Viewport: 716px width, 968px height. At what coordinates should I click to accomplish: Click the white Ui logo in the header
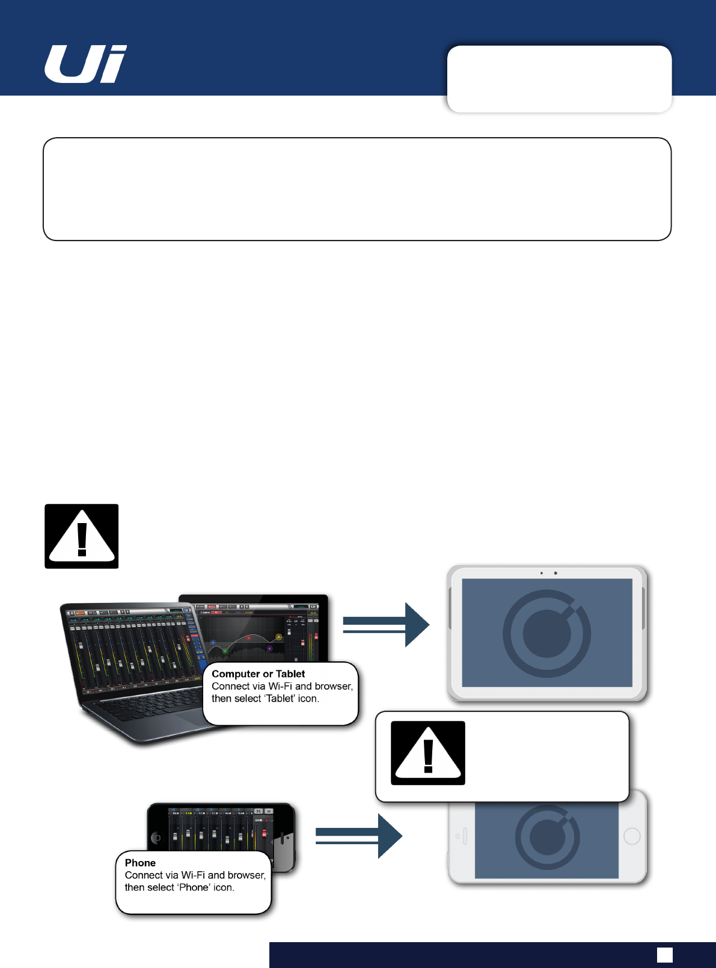point(85,64)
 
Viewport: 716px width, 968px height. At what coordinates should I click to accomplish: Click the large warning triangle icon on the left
point(82,536)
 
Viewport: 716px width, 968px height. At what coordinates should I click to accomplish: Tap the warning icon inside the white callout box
point(427,753)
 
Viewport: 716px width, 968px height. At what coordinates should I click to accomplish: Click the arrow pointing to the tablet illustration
point(386,625)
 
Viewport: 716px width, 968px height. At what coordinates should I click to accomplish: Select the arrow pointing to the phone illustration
point(358,836)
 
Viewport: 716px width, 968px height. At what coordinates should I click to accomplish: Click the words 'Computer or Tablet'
point(258,674)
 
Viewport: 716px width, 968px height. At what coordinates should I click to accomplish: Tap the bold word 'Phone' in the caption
point(140,863)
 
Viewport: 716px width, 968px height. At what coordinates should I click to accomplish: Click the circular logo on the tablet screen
point(546,633)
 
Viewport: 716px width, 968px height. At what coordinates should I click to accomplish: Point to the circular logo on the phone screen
point(547,837)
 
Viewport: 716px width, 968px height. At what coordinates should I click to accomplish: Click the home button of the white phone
point(632,836)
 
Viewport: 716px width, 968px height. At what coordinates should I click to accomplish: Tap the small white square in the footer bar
point(664,955)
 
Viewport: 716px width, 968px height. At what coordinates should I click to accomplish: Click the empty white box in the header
point(559,79)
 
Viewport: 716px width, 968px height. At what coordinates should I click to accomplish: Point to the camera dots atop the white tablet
point(548,573)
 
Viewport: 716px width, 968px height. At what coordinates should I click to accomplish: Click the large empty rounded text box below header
point(357,189)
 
